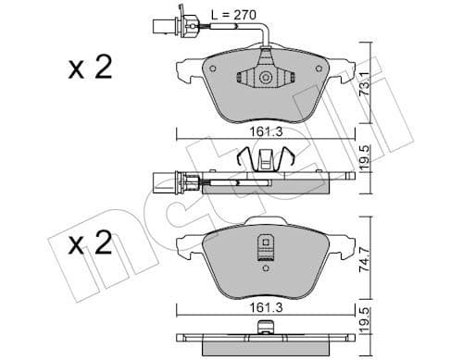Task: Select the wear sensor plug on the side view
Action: pos(158,182)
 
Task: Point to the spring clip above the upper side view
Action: pos(268,160)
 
